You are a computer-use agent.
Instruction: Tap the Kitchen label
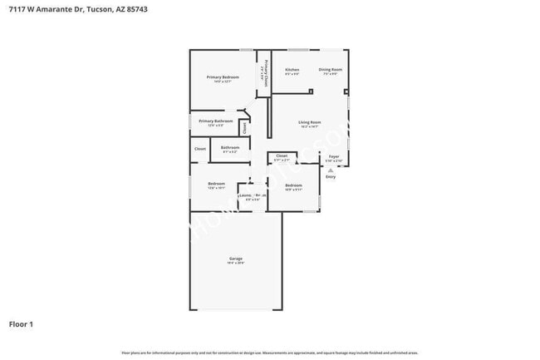click(x=292, y=69)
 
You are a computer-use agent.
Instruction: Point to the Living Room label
click(x=310, y=122)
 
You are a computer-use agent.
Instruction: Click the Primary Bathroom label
click(x=215, y=121)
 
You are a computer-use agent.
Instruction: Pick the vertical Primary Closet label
click(x=265, y=72)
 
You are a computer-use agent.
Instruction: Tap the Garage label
click(x=236, y=259)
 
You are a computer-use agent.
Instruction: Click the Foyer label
click(x=333, y=155)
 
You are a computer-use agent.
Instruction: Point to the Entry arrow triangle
click(x=330, y=170)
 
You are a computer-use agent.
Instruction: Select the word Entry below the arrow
click(x=330, y=176)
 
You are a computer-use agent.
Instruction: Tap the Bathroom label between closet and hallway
click(x=230, y=147)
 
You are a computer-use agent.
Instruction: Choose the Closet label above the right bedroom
click(x=282, y=155)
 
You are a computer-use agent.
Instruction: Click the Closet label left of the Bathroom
click(x=200, y=149)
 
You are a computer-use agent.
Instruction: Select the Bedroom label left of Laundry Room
click(x=216, y=183)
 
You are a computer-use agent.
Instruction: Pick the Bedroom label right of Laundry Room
click(x=293, y=185)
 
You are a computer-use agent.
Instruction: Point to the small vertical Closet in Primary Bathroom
click(x=244, y=128)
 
